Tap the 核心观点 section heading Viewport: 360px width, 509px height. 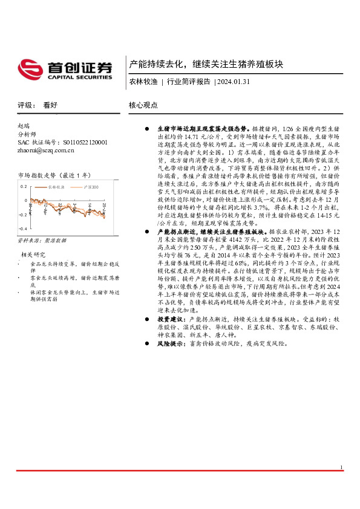point(143,105)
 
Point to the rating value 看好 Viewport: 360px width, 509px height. point(50,105)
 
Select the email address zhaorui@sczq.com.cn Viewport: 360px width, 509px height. point(46,150)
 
